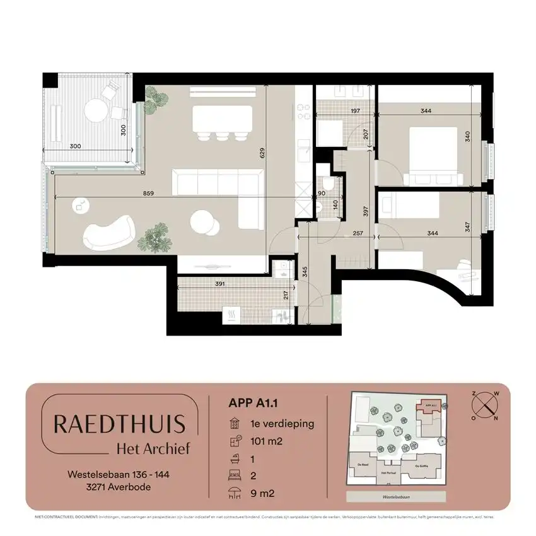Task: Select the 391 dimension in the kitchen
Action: click(219, 284)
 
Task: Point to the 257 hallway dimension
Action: click(358, 233)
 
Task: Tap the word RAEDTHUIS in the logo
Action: click(119, 424)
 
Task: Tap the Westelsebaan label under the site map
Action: click(397, 496)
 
